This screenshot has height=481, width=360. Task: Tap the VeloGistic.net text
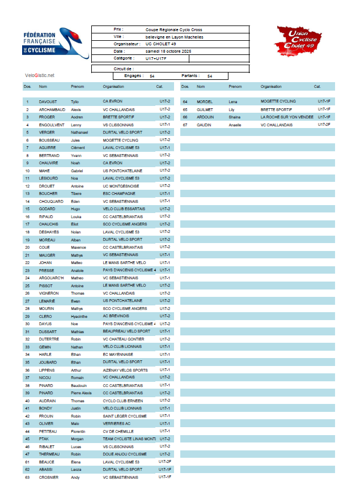(40, 75)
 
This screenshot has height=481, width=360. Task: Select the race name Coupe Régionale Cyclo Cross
(173, 29)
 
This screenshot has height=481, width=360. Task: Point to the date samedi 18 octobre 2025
(168, 51)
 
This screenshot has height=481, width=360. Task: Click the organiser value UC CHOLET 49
(161, 44)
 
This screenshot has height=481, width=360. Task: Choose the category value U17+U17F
(156, 58)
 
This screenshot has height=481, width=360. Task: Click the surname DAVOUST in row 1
(48, 101)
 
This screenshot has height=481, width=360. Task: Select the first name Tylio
(74, 101)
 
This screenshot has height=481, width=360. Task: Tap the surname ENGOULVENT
(52, 125)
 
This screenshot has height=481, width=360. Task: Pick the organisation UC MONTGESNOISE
(122, 186)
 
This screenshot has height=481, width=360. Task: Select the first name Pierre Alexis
(81, 393)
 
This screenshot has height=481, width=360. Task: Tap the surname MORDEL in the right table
(204, 101)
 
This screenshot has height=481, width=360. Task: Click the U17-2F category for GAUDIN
(324, 124)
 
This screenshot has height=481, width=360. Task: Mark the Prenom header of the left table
(77, 87)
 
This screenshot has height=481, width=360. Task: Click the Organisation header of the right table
(271, 87)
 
